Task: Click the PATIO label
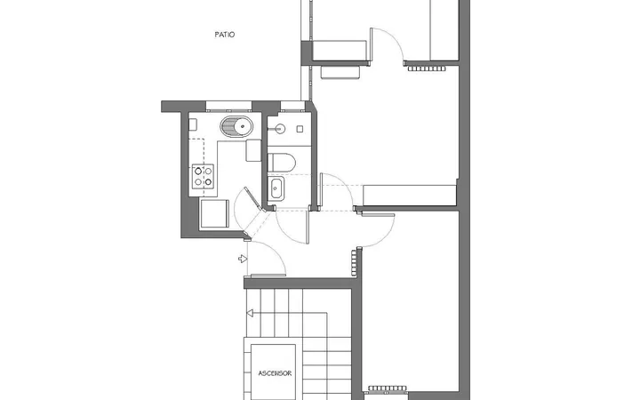[225, 35]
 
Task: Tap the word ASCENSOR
[275, 373]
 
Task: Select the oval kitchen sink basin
[236, 126]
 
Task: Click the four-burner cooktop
[203, 176]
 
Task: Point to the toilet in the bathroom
[281, 163]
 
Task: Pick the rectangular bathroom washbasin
[276, 188]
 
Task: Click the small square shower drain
[300, 129]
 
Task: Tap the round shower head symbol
[280, 129]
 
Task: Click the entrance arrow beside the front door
[243, 259]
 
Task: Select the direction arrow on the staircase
[250, 313]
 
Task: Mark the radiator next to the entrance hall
[354, 263]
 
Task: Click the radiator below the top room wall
[427, 68]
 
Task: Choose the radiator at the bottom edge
[388, 388]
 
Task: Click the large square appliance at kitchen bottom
[214, 213]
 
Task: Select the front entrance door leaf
[268, 276]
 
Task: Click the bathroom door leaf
[308, 228]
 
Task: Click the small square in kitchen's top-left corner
[193, 124]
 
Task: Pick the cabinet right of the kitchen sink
[253, 150]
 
